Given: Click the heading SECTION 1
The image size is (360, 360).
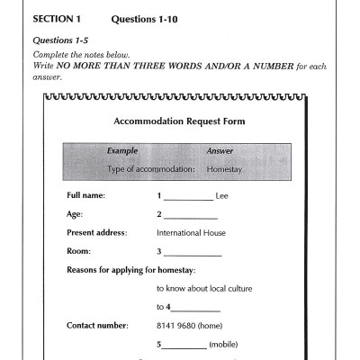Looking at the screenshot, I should point(57,19).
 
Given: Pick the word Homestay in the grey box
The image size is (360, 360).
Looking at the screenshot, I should point(220,168).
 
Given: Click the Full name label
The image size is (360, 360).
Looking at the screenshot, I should point(86,195).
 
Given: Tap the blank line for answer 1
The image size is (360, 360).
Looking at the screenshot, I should point(187,197).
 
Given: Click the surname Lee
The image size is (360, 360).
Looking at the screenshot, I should point(222,195).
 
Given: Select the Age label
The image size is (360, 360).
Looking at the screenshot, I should point(75,214).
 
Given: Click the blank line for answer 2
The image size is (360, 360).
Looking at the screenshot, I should point(190,216).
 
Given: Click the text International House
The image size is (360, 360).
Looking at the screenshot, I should point(191,232).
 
